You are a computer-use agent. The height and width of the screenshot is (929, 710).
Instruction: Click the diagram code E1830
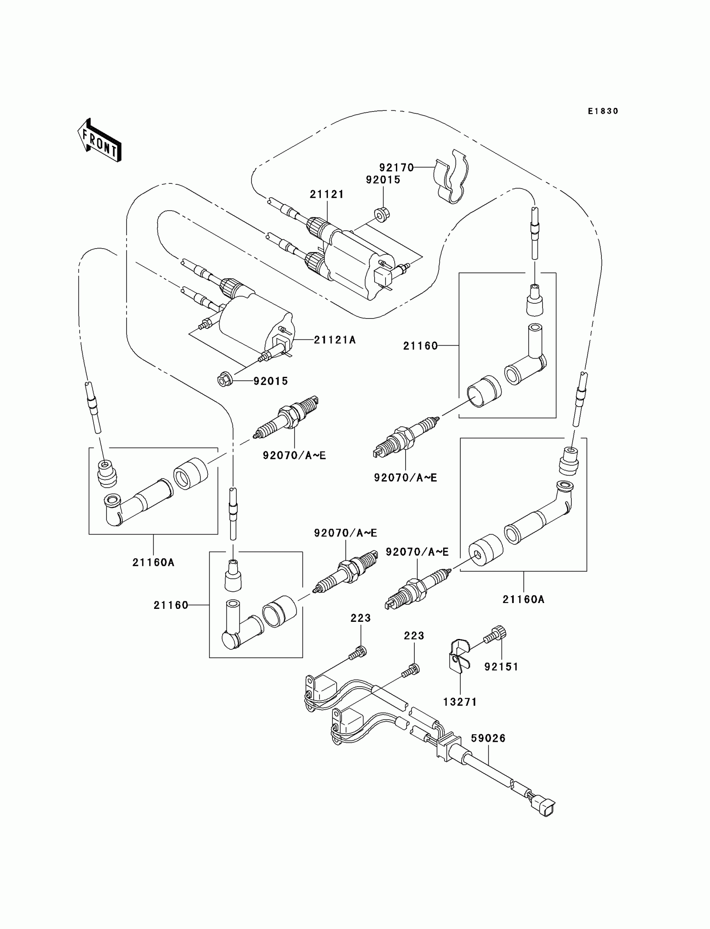tap(603, 111)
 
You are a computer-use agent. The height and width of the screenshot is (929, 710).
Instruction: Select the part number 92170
tap(396, 168)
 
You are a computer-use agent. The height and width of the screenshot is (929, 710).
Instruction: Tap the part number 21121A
tap(335, 340)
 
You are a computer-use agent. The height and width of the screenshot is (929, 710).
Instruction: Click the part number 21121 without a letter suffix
tap(327, 194)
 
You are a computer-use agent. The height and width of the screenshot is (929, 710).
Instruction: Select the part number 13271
tap(460, 702)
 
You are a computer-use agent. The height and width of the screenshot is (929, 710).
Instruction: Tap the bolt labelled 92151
tap(496, 636)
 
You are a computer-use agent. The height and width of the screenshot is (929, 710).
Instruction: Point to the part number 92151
tap(501, 667)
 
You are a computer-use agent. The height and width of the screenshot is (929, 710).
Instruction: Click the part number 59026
tap(489, 738)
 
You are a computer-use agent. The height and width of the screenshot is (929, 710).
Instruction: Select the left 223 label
tap(360, 618)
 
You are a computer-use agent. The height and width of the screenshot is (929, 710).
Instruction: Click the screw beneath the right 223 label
tap(411, 670)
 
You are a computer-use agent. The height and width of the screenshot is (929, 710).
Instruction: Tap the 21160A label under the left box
tap(153, 562)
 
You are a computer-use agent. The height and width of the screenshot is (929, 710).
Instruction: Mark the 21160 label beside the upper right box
tap(421, 346)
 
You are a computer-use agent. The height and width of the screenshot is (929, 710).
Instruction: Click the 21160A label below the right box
tap(524, 599)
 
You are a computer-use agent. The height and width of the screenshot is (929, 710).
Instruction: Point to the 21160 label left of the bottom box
tap(171, 605)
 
